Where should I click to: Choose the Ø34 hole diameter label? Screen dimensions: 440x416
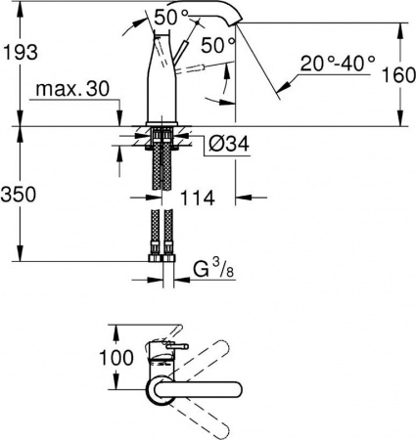click(227, 146)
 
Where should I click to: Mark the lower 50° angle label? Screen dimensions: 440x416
click(217, 45)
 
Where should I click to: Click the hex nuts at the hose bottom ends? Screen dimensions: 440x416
click(162, 259)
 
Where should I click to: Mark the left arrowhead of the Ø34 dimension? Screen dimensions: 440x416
click(145, 146)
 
